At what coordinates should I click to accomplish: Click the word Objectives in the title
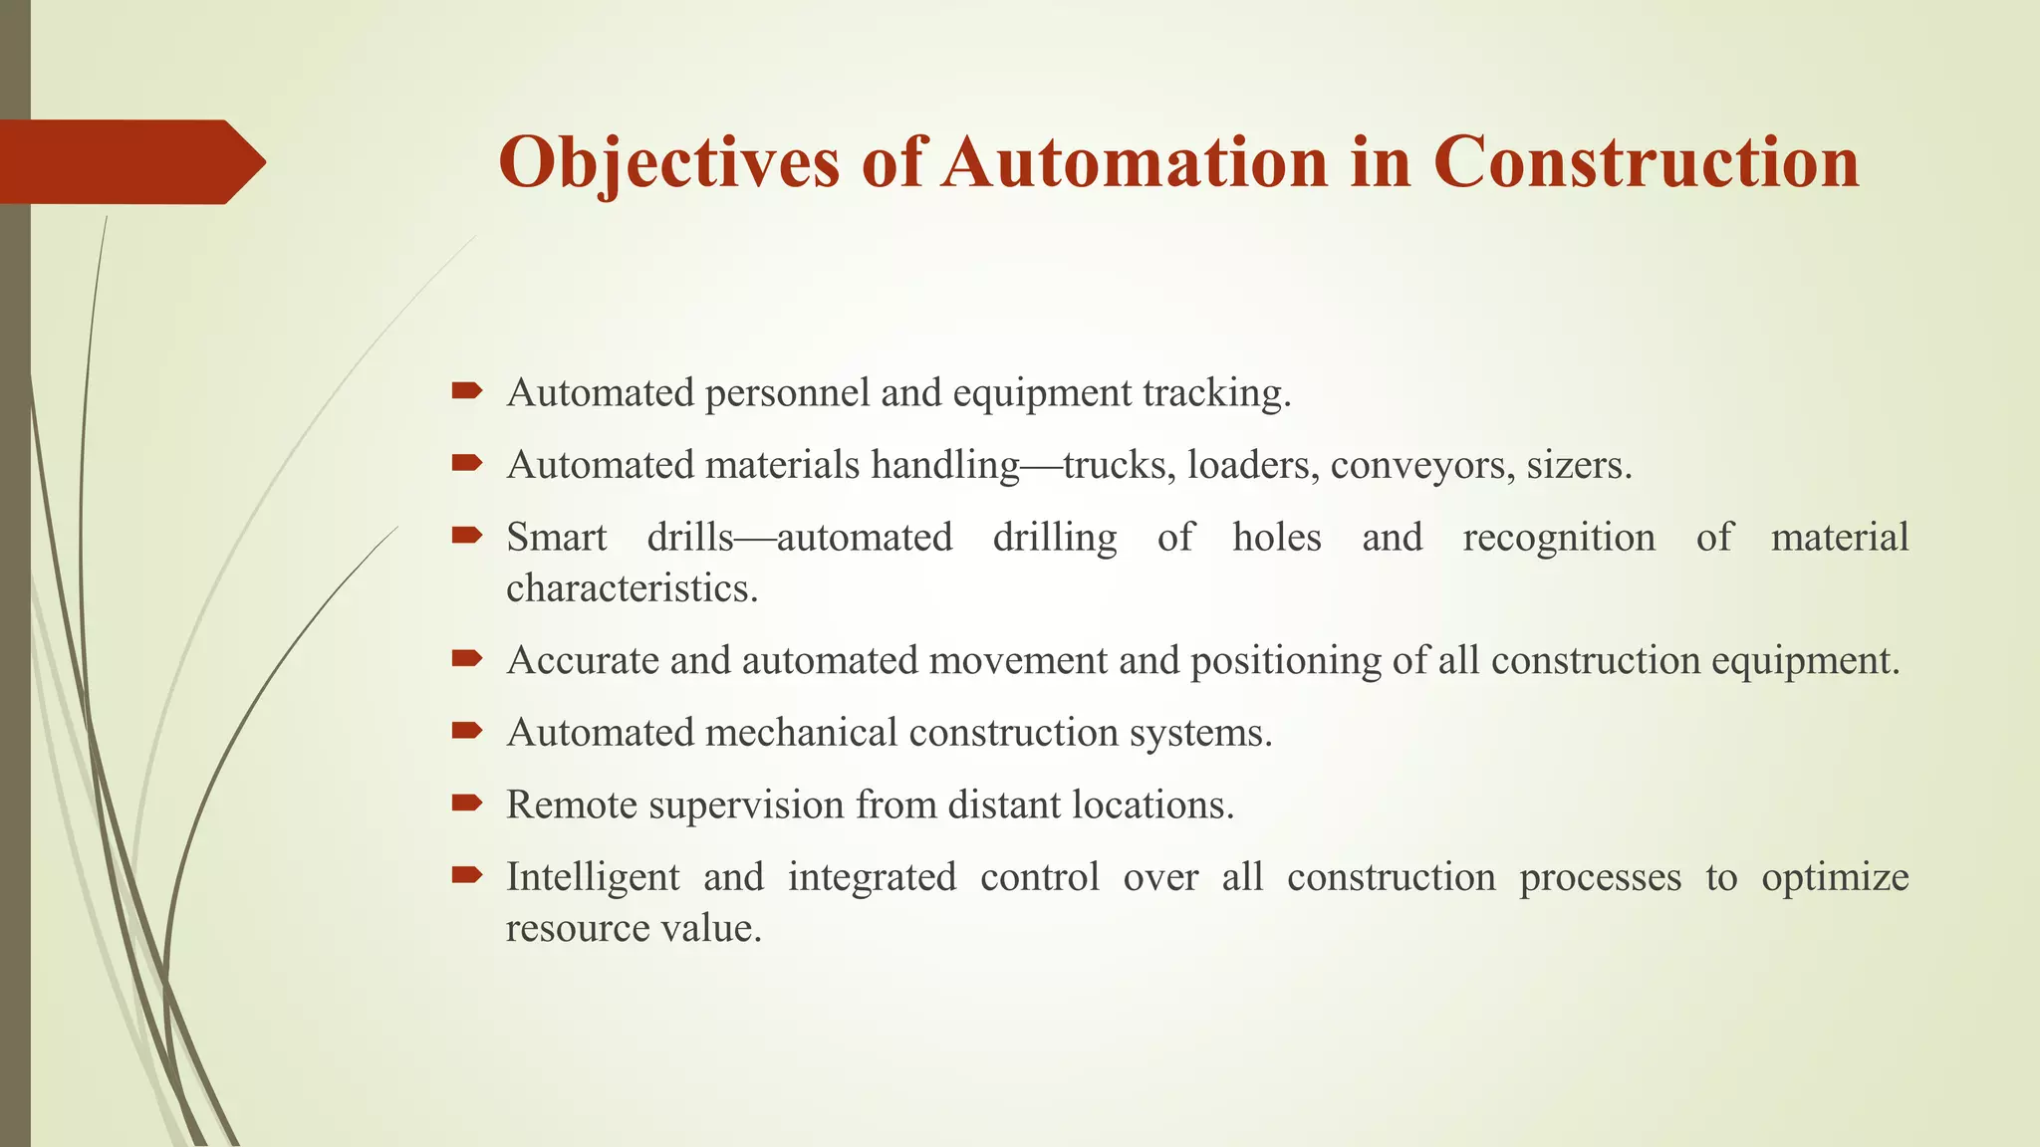click(668, 162)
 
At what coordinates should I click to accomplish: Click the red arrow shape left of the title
click(129, 161)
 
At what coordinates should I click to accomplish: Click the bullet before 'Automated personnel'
click(466, 391)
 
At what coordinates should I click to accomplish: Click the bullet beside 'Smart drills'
click(466, 536)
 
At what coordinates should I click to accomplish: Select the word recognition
click(1558, 538)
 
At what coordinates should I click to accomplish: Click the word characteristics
click(632, 587)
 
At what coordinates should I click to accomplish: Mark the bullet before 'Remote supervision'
click(466, 803)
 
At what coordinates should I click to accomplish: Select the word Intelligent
click(593, 878)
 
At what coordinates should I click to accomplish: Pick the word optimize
click(1834, 878)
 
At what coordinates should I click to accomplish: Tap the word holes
click(1276, 538)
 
